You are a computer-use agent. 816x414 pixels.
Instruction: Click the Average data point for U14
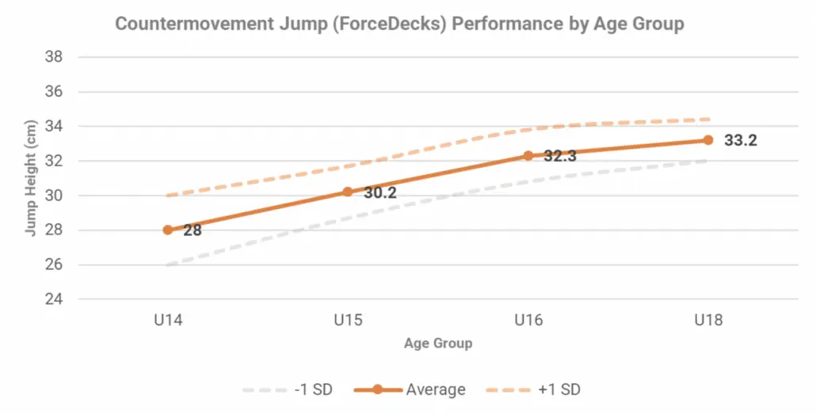tap(168, 230)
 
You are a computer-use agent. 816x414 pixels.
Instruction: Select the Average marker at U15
tap(348, 192)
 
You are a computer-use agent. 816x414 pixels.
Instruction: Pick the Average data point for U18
tap(707, 140)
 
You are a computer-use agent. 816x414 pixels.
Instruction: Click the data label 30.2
tap(379, 192)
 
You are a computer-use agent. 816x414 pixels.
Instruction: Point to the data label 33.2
tap(740, 141)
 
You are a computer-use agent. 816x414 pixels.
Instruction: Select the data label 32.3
tap(559, 156)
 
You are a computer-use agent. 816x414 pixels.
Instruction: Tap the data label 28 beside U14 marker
tap(193, 231)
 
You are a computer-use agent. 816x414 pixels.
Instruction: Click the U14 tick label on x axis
tap(168, 321)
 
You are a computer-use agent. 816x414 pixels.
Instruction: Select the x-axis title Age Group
tap(438, 344)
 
